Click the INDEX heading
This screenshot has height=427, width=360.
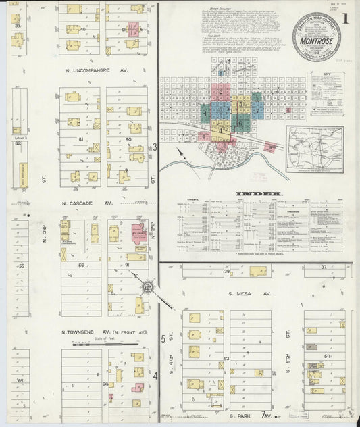[x=249, y=194]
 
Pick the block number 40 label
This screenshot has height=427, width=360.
[x=82, y=29]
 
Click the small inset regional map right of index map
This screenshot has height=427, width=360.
[x=314, y=150]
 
